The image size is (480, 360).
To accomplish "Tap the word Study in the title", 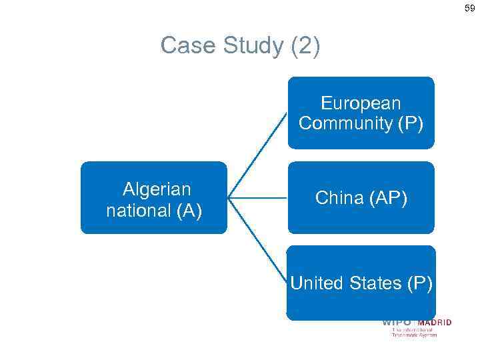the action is coord(247,46).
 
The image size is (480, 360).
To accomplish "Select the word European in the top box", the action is coord(361,103).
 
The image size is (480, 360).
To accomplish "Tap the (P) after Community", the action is coord(409,123).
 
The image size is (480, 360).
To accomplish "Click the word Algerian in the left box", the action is coord(156,189).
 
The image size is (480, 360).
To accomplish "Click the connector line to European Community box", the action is coord(258,154).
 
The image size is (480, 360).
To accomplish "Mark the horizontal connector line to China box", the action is coord(258,197).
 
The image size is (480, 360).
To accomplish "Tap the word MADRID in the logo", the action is coord(434,323).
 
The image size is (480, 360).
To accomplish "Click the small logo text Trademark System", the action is coord(414,335).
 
